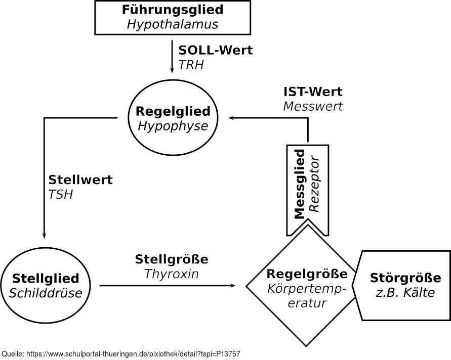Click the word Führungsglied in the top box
(x=173, y=10)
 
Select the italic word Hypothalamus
(x=173, y=24)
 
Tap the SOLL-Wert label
(x=216, y=51)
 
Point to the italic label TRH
(x=191, y=65)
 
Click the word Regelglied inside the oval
(x=173, y=111)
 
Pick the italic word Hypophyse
(x=173, y=126)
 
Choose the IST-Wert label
(x=313, y=92)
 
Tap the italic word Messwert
(x=313, y=106)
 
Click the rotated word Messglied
(x=299, y=184)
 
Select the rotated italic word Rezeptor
(x=314, y=184)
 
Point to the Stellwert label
(x=80, y=180)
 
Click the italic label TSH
(x=61, y=194)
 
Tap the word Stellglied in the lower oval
(x=46, y=278)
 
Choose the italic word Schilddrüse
(x=46, y=293)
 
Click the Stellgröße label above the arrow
(x=172, y=259)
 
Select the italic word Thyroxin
(x=172, y=274)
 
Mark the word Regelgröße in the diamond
(x=307, y=274)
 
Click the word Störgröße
(x=405, y=278)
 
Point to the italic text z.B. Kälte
(x=405, y=292)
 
